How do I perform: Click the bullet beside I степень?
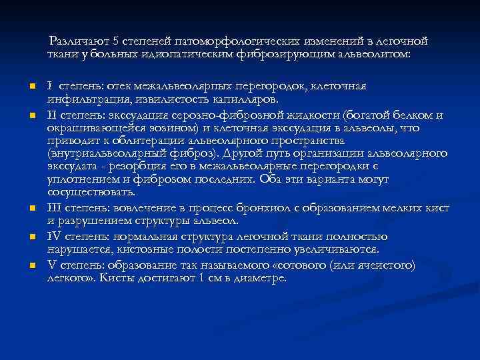click(x=31, y=87)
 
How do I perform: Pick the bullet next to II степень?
click(x=31, y=116)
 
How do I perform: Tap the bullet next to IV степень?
click(x=31, y=237)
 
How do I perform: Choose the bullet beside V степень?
click(x=31, y=266)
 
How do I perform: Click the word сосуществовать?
click(x=91, y=192)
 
